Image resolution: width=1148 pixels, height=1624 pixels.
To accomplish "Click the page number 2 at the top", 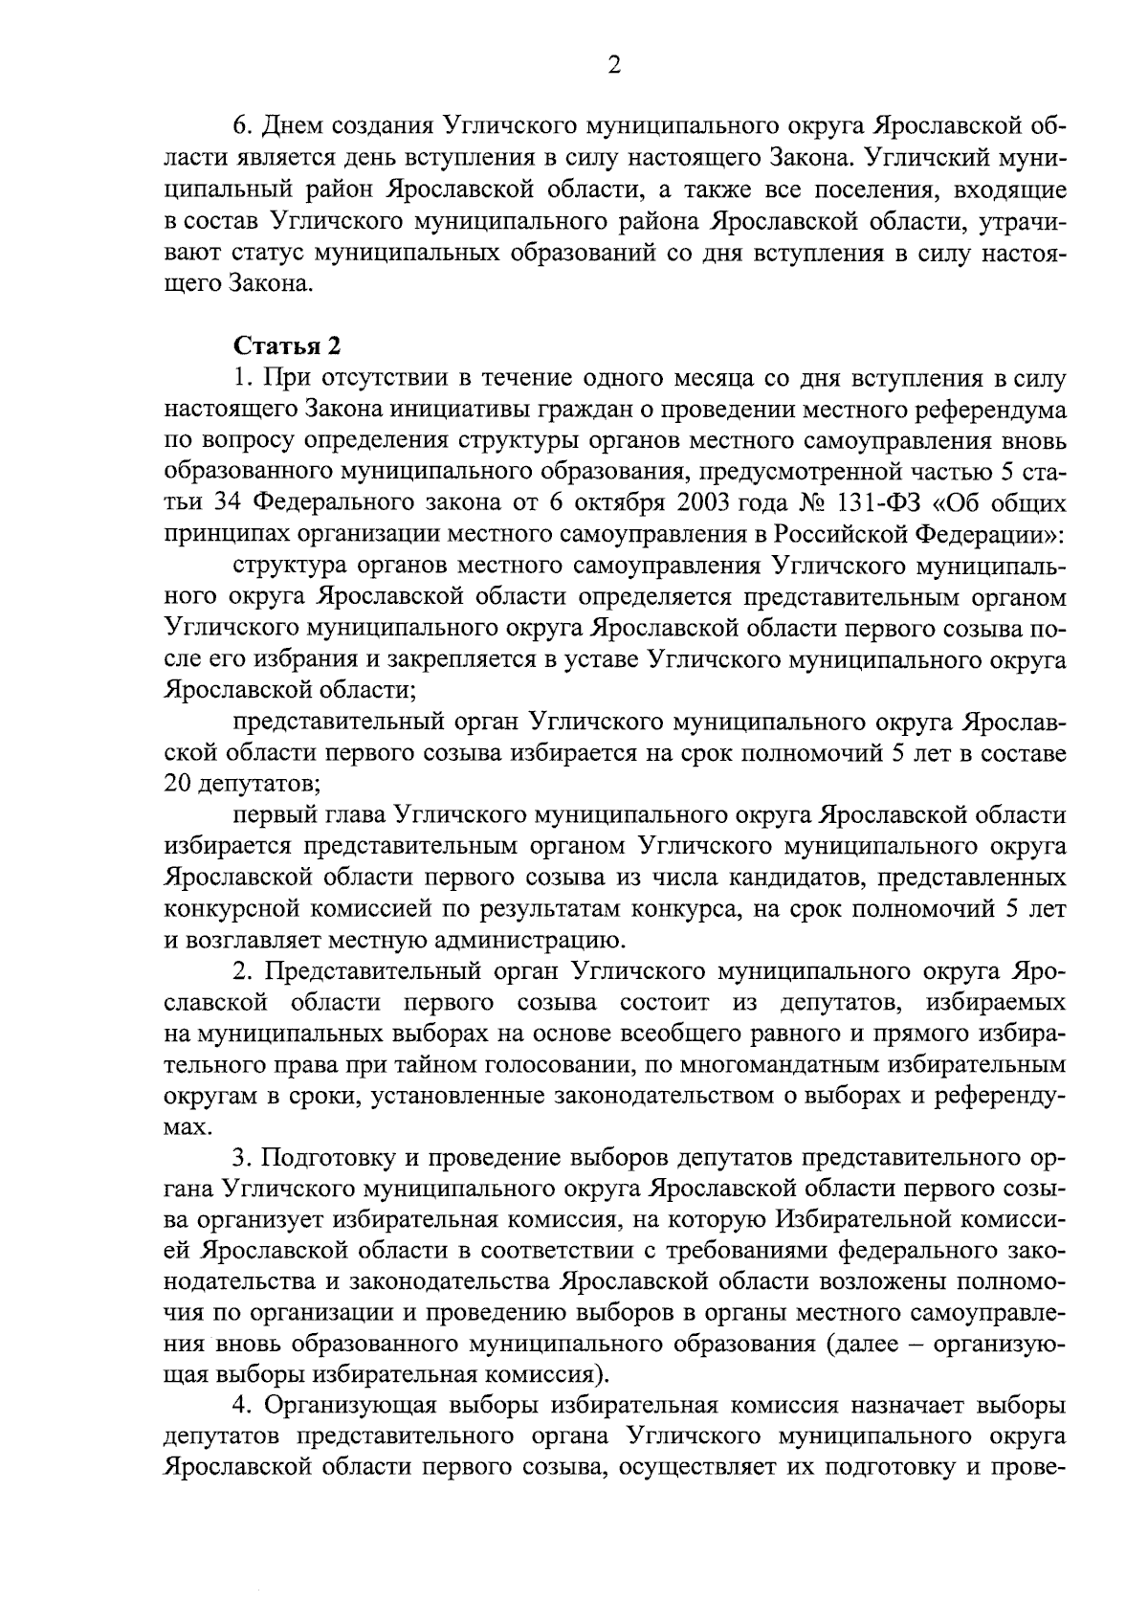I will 614,65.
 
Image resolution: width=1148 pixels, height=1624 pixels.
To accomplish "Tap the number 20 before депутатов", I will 179,785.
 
